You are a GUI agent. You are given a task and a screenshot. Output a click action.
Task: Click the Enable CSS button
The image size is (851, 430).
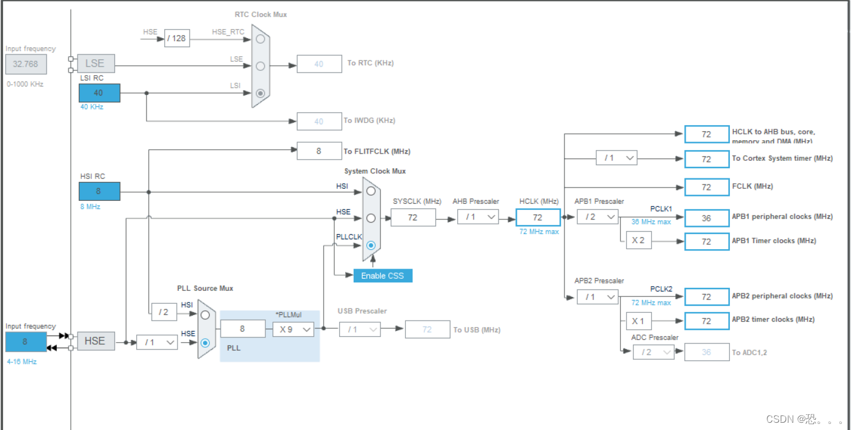pos(382,275)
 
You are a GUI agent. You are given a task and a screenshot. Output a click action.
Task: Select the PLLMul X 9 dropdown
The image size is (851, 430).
pos(293,329)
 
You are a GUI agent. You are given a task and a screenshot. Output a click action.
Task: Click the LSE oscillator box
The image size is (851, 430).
pos(95,63)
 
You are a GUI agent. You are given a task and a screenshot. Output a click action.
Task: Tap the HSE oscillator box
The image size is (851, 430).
pos(95,341)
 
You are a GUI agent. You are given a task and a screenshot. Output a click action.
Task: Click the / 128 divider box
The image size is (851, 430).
pos(176,39)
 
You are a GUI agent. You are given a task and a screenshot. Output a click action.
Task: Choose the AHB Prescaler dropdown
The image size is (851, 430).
pos(478,217)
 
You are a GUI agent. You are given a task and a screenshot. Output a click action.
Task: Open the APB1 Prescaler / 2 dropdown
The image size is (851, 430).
pos(597,217)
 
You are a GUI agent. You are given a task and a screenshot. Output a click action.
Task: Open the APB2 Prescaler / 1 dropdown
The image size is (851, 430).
pos(597,297)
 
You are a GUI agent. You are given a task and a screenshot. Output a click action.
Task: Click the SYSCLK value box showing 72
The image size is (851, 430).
pos(413,217)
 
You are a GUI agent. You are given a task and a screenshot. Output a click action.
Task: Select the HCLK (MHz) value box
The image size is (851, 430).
pos(537,217)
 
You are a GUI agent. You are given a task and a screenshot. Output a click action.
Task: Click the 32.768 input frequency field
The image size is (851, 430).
pos(26,64)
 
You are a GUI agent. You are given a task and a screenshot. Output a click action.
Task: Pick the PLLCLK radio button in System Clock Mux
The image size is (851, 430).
pos(371,246)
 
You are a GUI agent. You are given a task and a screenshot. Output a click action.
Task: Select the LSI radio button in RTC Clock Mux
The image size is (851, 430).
pos(260,93)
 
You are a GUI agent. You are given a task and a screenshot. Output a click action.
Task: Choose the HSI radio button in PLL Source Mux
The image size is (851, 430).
pos(205,314)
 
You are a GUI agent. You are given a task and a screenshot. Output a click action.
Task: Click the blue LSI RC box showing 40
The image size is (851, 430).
pos(99,93)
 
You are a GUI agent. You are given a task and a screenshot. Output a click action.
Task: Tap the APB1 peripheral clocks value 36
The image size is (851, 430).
pos(706,218)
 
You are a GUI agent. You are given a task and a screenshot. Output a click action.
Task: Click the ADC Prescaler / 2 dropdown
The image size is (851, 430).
pos(654,352)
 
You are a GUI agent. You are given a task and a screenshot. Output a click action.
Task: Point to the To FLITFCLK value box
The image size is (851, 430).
pos(319,151)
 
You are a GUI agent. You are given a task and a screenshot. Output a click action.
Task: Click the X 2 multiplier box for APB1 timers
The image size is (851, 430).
pos(638,241)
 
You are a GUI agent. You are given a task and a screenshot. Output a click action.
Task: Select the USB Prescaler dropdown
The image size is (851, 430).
pos(360,329)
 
